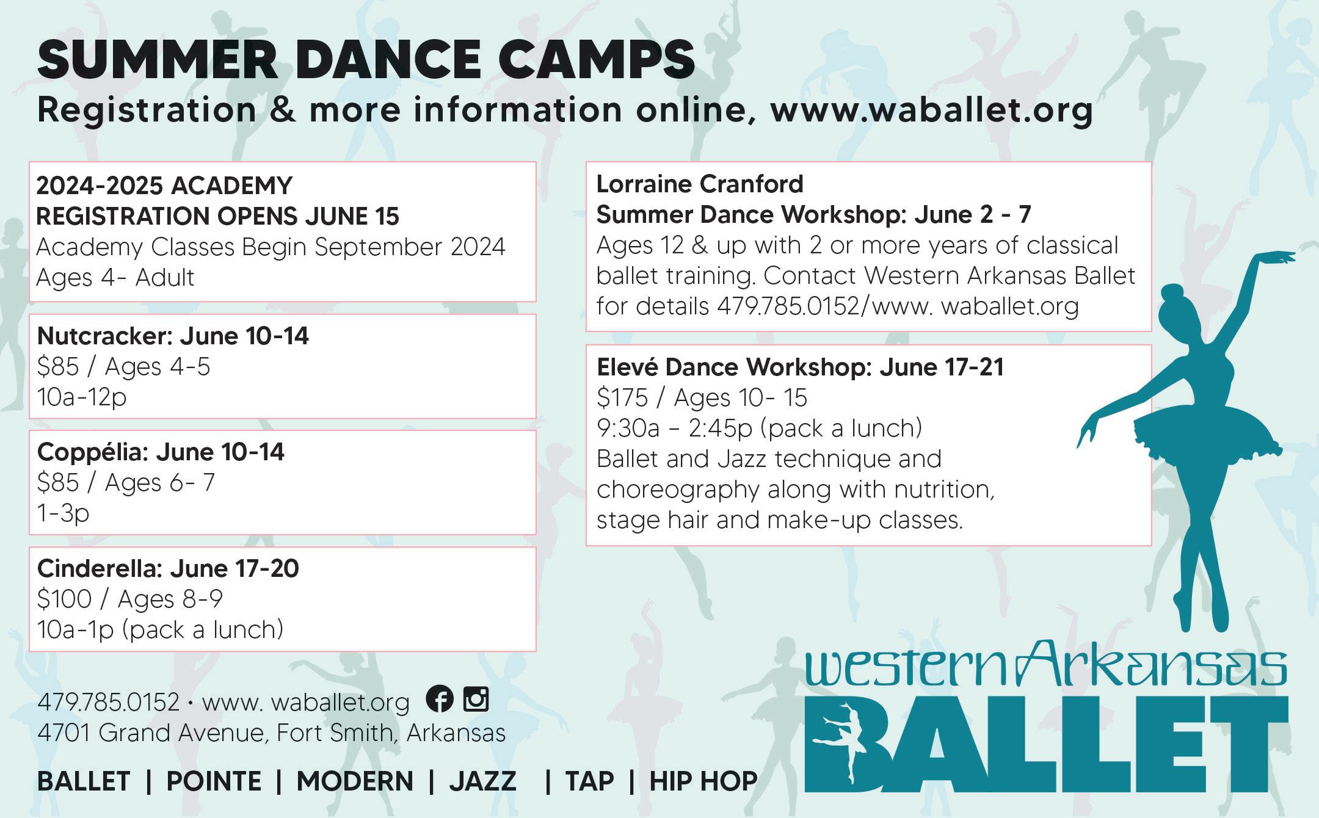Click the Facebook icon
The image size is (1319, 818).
pos(440,698)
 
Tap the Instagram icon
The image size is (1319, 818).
pos(476,698)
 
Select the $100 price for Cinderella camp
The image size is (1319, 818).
pos(64,599)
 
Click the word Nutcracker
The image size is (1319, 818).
pos(101,336)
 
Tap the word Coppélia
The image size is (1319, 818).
pos(92,452)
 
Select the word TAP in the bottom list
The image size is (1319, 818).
pos(589,781)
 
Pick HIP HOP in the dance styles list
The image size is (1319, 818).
pos(703,781)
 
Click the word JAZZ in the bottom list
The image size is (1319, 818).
pos(482,781)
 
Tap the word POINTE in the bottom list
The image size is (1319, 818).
pos(214,781)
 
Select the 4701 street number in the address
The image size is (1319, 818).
pos(64,733)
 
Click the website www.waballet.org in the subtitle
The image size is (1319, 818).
pos(932,111)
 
